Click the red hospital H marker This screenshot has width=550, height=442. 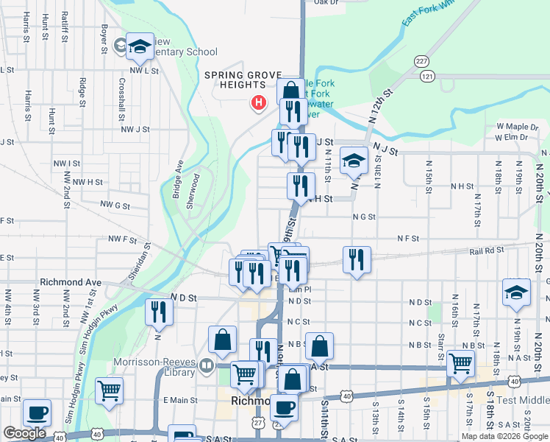[258, 102]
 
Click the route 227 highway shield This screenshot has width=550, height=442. [421, 61]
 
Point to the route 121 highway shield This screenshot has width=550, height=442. [427, 76]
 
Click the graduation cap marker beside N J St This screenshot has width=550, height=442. [354, 161]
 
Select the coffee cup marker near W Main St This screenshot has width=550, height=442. [36, 413]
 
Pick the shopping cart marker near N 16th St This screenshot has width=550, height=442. [460, 363]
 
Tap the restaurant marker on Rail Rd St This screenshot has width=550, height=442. [356, 259]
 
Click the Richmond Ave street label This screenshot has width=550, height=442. [71, 282]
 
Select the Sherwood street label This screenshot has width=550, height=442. [193, 191]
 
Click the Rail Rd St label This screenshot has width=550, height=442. [487, 251]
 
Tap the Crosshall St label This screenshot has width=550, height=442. [121, 99]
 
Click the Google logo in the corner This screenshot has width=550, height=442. [24, 433]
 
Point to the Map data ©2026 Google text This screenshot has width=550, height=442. [504, 436]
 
